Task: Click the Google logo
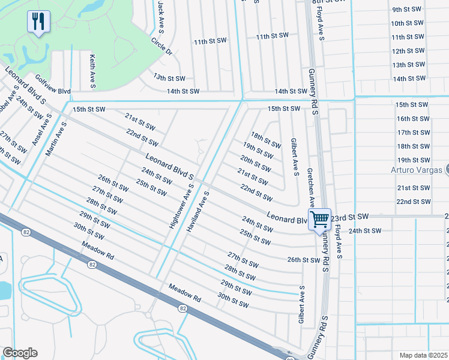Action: pos(19,353)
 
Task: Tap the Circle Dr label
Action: pos(162,47)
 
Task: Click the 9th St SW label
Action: pos(408,10)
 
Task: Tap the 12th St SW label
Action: pos(408,51)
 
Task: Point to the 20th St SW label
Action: pos(255,162)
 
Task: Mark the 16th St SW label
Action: pos(412,119)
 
